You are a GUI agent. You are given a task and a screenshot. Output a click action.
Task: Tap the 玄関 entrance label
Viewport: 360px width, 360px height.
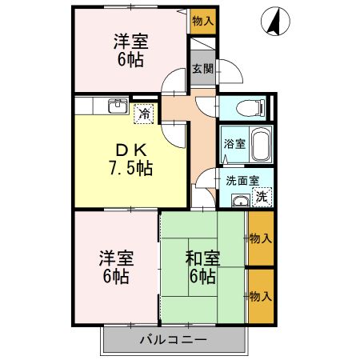(x=202, y=70)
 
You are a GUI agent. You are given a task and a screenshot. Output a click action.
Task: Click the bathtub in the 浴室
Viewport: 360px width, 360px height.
(x=261, y=145)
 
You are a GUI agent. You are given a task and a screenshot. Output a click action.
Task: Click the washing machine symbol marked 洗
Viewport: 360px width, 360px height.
(x=262, y=194)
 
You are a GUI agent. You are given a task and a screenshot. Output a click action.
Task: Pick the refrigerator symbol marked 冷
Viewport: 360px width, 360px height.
(x=144, y=114)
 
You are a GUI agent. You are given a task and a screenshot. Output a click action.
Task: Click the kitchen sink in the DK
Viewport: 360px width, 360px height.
(x=117, y=106)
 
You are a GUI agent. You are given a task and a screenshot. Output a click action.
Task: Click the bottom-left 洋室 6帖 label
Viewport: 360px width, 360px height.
(x=116, y=268)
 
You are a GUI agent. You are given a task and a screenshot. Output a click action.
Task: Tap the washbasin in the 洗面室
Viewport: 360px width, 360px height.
(x=238, y=199)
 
